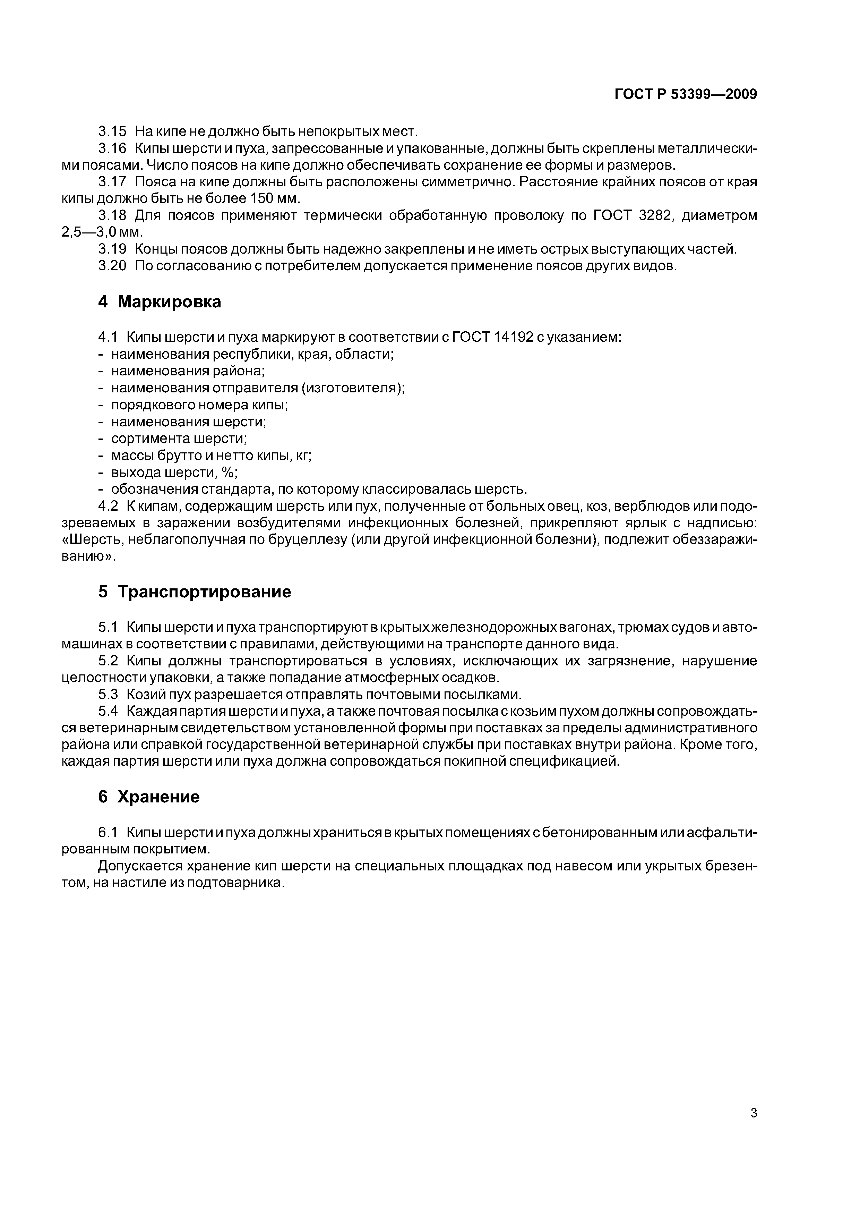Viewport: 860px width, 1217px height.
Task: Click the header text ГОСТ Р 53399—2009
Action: click(685, 94)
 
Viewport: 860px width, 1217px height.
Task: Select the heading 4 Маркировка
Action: click(160, 301)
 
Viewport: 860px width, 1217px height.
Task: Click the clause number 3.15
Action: click(112, 131)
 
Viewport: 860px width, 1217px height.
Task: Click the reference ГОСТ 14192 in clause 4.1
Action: click(492, 337)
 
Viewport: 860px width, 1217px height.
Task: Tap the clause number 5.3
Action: click(108, 695)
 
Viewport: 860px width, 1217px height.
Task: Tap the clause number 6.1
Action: click(108, 833)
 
